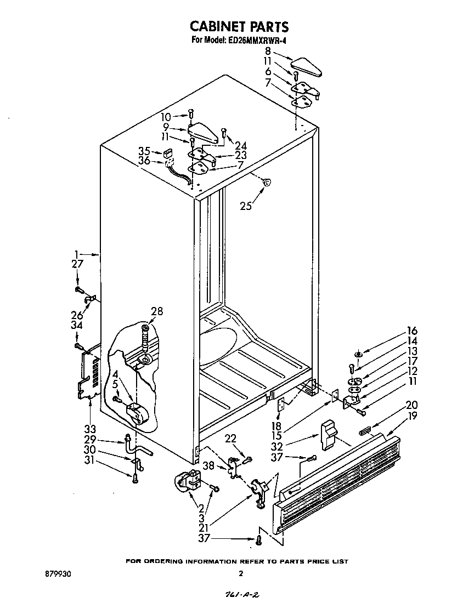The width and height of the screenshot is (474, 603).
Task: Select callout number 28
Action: pos(156,312)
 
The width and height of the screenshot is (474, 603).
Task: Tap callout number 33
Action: pos(90,428)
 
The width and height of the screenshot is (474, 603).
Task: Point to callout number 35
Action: pos(144,151)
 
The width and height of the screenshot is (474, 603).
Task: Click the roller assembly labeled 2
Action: pos(189,480)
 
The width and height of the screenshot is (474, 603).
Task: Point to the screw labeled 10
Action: pos(191,113)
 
